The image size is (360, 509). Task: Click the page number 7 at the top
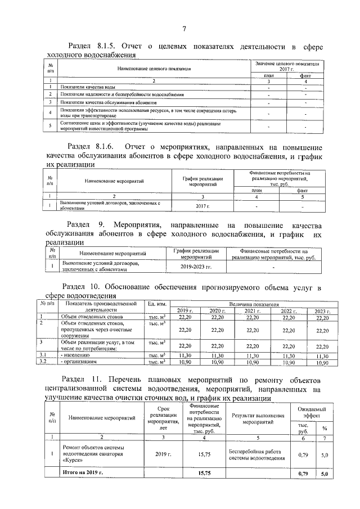click(184, 29)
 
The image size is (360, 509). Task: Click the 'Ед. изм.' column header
click(156, 304)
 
